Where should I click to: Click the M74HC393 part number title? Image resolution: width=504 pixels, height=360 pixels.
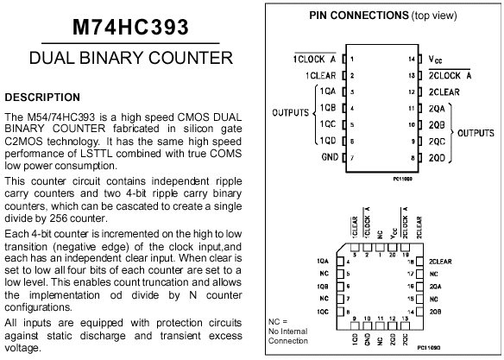pos(130,27)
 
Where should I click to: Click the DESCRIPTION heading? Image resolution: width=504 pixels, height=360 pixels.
pos(42,97)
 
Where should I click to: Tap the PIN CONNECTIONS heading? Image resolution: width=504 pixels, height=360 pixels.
pos(359,15)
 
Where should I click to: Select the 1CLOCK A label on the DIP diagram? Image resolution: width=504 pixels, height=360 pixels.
pos(314,60)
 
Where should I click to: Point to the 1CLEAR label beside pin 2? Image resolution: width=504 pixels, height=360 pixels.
pos(320,75)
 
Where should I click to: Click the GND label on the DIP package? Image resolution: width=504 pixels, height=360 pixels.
pos(330,157)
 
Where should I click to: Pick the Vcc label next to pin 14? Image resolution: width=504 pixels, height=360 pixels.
pos(435,60)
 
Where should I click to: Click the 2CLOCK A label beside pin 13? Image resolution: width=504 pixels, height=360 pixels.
pos(450,75)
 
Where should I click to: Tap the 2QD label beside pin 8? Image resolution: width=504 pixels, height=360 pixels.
pos(437,158)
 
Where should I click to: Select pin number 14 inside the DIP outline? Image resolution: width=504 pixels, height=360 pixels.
pos(412,60)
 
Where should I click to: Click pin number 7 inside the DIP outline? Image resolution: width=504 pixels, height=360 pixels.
pos(352,158)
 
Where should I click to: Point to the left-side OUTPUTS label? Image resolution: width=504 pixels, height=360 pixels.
pos(290,112)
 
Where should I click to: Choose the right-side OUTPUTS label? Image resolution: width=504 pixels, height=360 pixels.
pos(476,133)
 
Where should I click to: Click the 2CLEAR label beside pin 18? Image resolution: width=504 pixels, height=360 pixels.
pos(440,262)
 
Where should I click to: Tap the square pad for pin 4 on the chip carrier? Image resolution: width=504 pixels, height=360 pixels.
pos(340,262)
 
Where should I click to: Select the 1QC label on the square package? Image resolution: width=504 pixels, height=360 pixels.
pos(323,312)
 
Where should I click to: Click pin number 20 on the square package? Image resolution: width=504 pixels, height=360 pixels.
pos(392,255)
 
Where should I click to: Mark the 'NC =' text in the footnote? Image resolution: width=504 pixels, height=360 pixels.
pos(278,321)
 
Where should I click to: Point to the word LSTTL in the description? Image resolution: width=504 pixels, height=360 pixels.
pos(97,154)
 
